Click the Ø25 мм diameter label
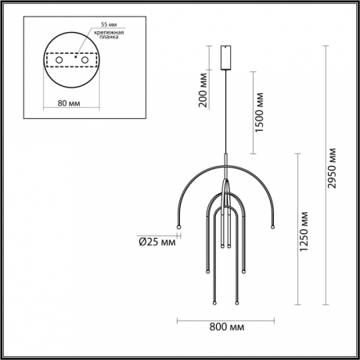click(156, 240)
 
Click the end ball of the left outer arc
click(179, 227)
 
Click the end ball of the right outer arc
click(272, 227)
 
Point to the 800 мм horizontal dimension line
click(225, 320)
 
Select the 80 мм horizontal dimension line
click(71, 93)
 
